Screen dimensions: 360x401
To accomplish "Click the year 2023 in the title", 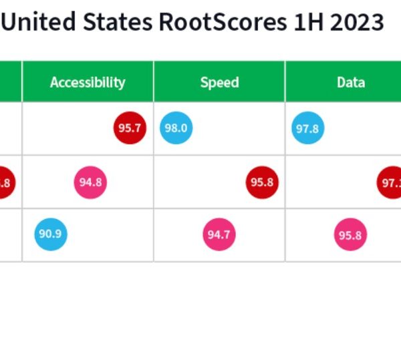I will [358, 23].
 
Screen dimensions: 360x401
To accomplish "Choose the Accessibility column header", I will [88, 82].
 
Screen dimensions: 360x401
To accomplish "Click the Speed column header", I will [219, 82].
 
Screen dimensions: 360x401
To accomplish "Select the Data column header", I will [351, 82].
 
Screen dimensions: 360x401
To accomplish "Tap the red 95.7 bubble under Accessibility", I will [130, 128].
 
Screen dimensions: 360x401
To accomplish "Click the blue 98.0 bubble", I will [176, 128].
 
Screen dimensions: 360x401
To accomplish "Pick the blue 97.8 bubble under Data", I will [307, 128].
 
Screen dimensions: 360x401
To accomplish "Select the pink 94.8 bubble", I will [90, 182].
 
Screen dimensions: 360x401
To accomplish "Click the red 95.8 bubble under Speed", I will [262, 182].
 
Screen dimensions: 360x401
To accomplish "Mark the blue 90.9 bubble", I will [51, 234].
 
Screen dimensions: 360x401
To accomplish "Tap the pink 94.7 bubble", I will [219, 234].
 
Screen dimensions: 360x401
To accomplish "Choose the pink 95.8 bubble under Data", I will [350, 234].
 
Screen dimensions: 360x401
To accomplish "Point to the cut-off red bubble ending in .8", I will [5, 182].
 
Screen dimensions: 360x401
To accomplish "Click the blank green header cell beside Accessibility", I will [11, 82].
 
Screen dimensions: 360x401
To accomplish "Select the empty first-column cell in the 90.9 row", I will [11, 234].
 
